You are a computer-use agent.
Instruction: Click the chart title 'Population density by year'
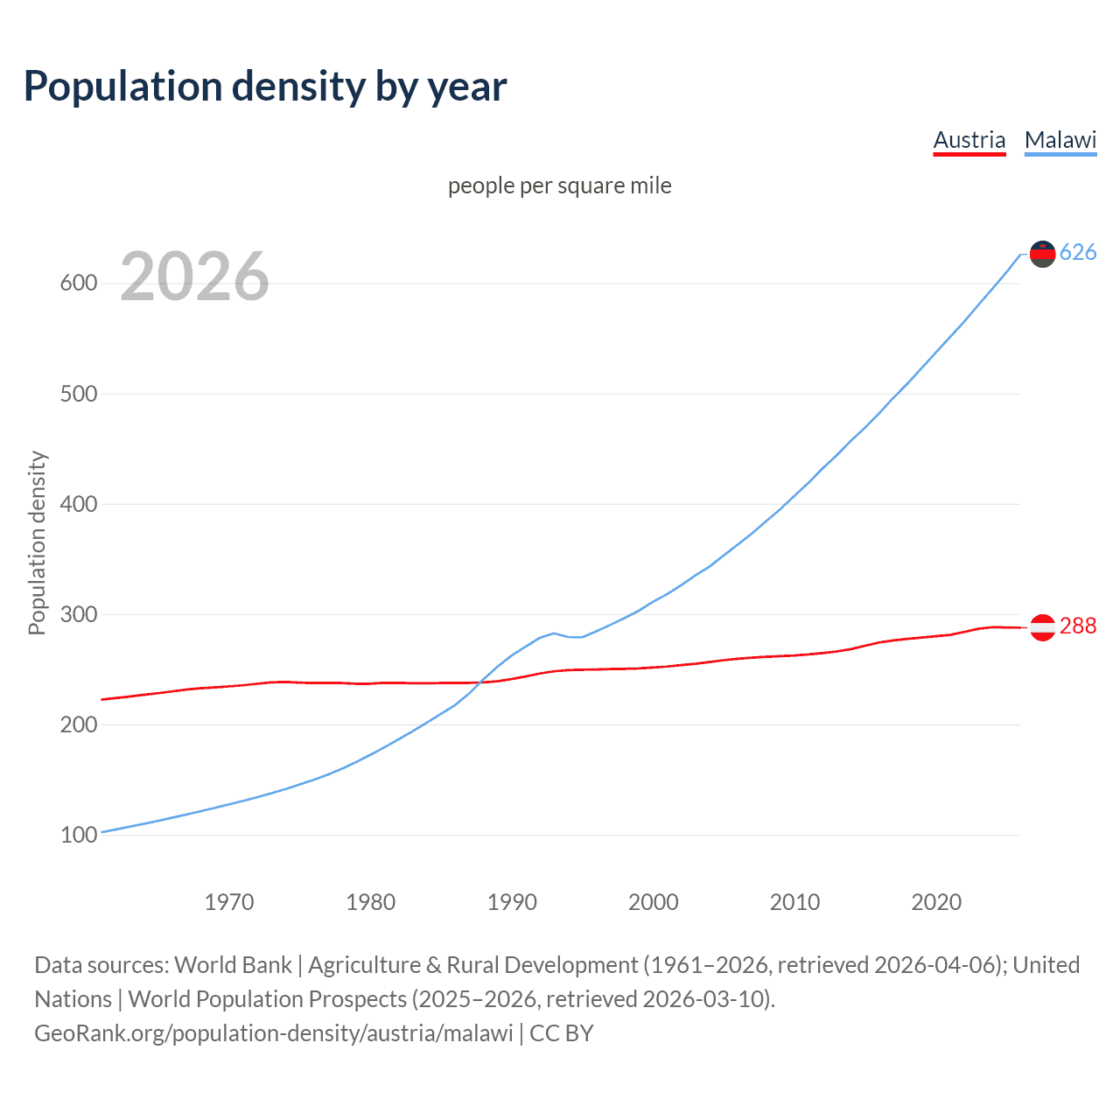(x=265, y=87)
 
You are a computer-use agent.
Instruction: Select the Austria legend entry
(x=969, y=140)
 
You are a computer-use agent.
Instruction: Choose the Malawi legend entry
(x=1060, y=140)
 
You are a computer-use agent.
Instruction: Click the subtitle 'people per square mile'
(x=559, y=185)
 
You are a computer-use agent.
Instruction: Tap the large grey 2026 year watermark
(x=194, y=276)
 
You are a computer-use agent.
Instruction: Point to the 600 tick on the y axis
(x=78, y=283)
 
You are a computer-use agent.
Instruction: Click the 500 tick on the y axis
(x=78, y=394)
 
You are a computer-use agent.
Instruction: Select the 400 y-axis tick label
(x=78, y=504)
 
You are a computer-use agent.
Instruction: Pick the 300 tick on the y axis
(x=78, y=614)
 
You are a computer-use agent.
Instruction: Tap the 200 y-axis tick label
(x=78, y=724)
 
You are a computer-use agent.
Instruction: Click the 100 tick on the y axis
(x=78, y=835)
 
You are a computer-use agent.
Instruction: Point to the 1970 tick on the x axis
(x=229, y=902)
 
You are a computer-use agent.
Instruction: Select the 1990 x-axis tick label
(x=512, y=902)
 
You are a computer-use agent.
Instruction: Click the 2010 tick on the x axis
(x=794, y=902)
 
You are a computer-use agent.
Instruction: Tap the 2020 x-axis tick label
(x=936, y=902)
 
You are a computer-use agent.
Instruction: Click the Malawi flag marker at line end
(x=1042, y=254)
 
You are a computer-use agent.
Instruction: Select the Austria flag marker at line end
(x=1042, y=627)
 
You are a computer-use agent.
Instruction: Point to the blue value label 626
(x=1078, y=253)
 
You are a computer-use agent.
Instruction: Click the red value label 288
(x=1078, y=626)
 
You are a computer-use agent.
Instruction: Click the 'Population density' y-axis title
(x=37, y=542)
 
